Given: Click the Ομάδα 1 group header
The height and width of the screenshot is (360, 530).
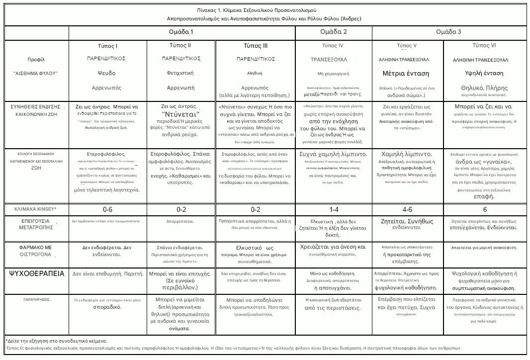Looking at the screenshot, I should click(182, 32).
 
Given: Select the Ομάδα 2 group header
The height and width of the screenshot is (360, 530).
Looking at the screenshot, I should click(334, 32).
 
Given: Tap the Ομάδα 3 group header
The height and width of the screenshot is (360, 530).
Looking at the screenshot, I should click(448, 32).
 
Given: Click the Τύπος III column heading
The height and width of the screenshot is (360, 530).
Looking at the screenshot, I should click(256, 46).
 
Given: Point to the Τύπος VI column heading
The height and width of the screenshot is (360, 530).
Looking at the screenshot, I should click(484, 45).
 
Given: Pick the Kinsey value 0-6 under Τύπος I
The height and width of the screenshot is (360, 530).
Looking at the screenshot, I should click(107, 209).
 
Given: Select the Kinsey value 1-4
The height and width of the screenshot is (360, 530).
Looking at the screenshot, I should click(334, 209).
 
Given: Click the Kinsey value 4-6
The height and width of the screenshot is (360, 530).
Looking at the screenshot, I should click(407, 209).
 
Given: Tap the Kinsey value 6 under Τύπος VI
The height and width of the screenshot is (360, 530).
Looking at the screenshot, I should click(485, 209).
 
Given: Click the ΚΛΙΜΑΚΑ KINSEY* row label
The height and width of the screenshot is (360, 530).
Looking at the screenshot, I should click(36, 209).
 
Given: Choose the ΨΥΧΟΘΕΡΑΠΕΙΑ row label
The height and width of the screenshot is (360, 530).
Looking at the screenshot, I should click(36, 273).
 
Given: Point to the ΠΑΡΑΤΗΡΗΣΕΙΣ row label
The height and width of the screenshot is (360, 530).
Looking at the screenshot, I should click(36, 300).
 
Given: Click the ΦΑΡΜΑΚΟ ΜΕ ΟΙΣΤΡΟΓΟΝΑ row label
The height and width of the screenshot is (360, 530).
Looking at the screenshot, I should click(36, 250).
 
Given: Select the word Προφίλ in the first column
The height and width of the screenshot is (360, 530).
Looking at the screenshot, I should click(36, 60).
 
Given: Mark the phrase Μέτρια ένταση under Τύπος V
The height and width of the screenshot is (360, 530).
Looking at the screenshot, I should click(406, 73).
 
